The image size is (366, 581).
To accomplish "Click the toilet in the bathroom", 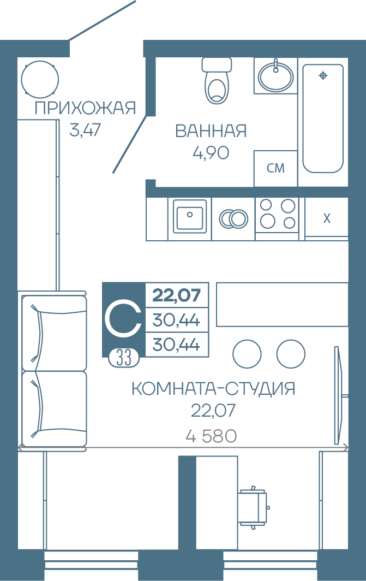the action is [217, 80].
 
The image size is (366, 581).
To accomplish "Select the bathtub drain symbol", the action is [323, 75].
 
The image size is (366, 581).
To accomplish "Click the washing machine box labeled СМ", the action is [275, 168].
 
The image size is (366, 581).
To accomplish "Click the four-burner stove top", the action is [277, 215].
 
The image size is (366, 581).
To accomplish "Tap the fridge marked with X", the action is [326, 218].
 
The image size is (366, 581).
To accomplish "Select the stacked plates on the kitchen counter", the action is [233, 219].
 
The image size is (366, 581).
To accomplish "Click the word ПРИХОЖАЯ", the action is [86, 108].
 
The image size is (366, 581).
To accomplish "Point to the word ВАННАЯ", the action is [211, 131].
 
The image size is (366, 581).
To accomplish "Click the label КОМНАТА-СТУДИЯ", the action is [213, 389].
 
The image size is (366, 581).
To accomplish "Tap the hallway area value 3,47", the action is [85, 130].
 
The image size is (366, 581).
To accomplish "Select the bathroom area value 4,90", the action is [211, 153].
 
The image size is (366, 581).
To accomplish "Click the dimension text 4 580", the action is [211, 436].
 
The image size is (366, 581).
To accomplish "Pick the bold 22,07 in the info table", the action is [177, 295].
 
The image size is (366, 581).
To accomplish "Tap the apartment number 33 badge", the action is [124, 358].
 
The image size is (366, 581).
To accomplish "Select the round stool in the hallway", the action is [40, 79].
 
